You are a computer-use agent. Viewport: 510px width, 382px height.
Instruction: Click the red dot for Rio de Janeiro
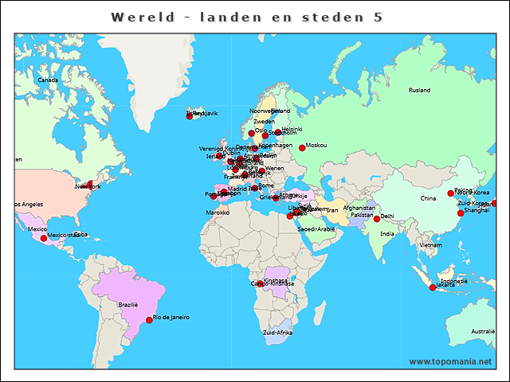[149, 320]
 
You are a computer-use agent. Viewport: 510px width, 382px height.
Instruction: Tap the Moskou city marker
[302, 148]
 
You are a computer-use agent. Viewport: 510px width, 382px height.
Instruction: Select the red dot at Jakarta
[433, 287]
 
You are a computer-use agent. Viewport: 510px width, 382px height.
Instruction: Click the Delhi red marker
[377, 218]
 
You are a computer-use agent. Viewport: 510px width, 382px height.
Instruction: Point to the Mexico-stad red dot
[44, 238]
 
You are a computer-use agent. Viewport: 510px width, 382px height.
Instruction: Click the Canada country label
[49, 80]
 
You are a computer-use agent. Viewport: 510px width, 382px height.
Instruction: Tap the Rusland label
[419, 90]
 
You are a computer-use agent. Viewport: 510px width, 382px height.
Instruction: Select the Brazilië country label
[128, 305]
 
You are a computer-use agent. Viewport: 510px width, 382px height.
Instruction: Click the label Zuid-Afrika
[278, 332]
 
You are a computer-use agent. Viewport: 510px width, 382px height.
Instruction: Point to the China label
[429, 198]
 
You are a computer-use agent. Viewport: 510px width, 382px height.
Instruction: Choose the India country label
[387, 234]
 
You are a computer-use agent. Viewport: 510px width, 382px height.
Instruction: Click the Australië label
[483, 331]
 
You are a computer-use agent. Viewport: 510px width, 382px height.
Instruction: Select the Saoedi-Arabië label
[316, 229]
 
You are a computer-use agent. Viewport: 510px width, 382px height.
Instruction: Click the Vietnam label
[430, 245]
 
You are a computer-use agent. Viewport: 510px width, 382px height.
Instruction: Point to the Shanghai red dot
[461, 212]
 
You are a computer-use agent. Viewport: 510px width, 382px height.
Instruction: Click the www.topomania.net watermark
[450, 361]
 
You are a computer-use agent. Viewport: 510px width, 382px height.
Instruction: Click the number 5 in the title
[378, 17]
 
